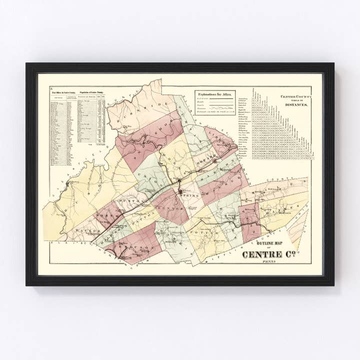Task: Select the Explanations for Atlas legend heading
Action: (213, 94)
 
